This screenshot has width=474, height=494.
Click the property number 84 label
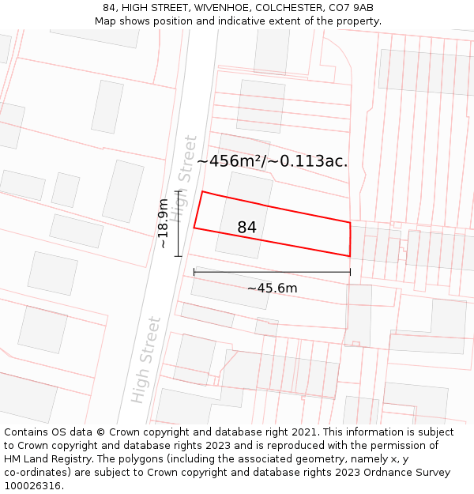[246, 228]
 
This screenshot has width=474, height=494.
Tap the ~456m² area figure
[229, 161]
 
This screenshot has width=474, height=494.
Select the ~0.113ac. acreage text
[308, 161]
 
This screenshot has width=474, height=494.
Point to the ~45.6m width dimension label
[272, 288]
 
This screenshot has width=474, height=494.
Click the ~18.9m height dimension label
[163, 224]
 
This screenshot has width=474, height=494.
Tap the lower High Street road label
[147, 360]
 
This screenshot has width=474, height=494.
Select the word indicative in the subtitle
[243, 21]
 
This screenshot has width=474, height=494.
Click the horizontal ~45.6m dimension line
[272, 272]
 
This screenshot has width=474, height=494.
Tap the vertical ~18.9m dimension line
[179, 224]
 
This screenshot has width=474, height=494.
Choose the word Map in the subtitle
[105, 21]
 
